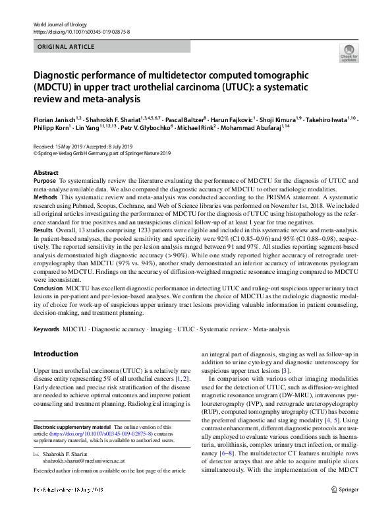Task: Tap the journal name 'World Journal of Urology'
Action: coord(62,24)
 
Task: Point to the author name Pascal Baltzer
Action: coord(179,118)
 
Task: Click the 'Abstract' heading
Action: coord(45,172)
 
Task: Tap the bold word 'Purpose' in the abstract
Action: coord(44,181)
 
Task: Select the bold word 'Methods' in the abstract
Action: coord(45,197)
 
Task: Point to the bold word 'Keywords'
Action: coord(46,327)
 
